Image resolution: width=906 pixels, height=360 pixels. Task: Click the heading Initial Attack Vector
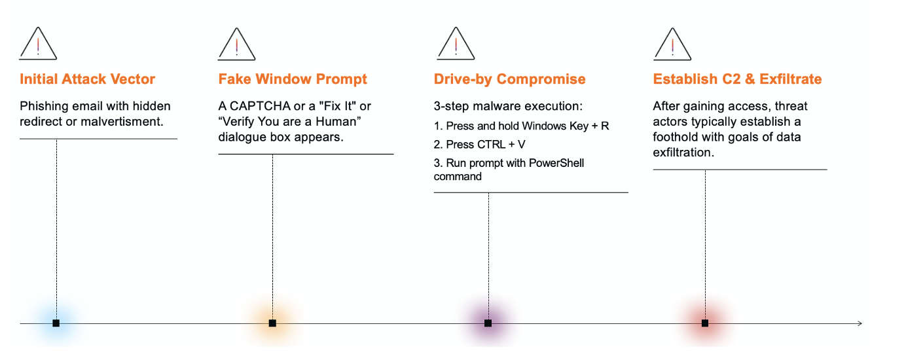pyautogui.click(x=87, y=79)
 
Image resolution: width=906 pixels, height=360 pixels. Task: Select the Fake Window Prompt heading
pyautogui.click(x=293, y=79)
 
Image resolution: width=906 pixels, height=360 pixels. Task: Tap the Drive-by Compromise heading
pyautogui.click(x=509, y=79)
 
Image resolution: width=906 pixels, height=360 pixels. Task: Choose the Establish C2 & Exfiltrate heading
pyautogui.click(x=737, y=79)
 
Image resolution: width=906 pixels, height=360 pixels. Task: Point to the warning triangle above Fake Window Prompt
pyautogui.click(x=236, y=58)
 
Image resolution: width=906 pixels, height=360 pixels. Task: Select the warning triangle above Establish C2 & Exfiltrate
pyautogui.click(x=672, y=58)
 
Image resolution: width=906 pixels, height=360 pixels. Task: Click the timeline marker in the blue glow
pyautogui.click(x=56, y=323)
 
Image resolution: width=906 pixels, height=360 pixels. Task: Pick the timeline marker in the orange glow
pyautogui.click(x=272, y=323)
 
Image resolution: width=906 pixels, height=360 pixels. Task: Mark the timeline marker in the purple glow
pyautogui.click(x=488, y=323)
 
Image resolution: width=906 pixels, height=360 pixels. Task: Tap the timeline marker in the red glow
pyautogui.click(x=705, y=323)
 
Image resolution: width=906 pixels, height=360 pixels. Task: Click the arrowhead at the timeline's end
pyautogui.click(x=861, y=323)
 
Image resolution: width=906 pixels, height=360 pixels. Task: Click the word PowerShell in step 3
pyautogui.click(x=556, y=163)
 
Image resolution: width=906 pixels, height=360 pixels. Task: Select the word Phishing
pyautogui.click(x=44, y=107)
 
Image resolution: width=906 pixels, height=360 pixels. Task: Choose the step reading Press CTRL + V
pyautogui.click(x=479, y=145)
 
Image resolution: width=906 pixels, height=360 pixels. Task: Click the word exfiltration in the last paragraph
pyautogui.click(x=683, y=153)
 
